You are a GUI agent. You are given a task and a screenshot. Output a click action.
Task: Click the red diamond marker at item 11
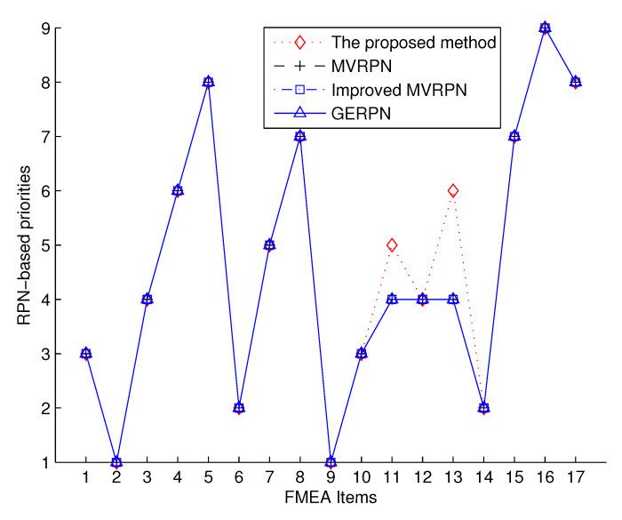392,244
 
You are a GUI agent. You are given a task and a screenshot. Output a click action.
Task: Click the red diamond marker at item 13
453,190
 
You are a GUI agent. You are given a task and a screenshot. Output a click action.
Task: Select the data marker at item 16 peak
545,28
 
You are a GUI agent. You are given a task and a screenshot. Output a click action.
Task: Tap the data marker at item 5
209,82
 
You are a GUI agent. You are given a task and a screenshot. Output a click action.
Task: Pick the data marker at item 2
117,462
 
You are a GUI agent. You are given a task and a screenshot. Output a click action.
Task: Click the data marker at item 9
331,462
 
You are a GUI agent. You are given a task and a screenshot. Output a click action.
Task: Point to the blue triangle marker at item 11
392,299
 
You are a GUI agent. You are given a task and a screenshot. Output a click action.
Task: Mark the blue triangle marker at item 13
453,299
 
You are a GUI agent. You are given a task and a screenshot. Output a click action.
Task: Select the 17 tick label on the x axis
575,479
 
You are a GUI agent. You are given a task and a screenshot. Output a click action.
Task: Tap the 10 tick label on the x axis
362,479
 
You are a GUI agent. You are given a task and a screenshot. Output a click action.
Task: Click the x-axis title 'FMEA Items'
331,500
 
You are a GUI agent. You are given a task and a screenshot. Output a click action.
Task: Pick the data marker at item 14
483,408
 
